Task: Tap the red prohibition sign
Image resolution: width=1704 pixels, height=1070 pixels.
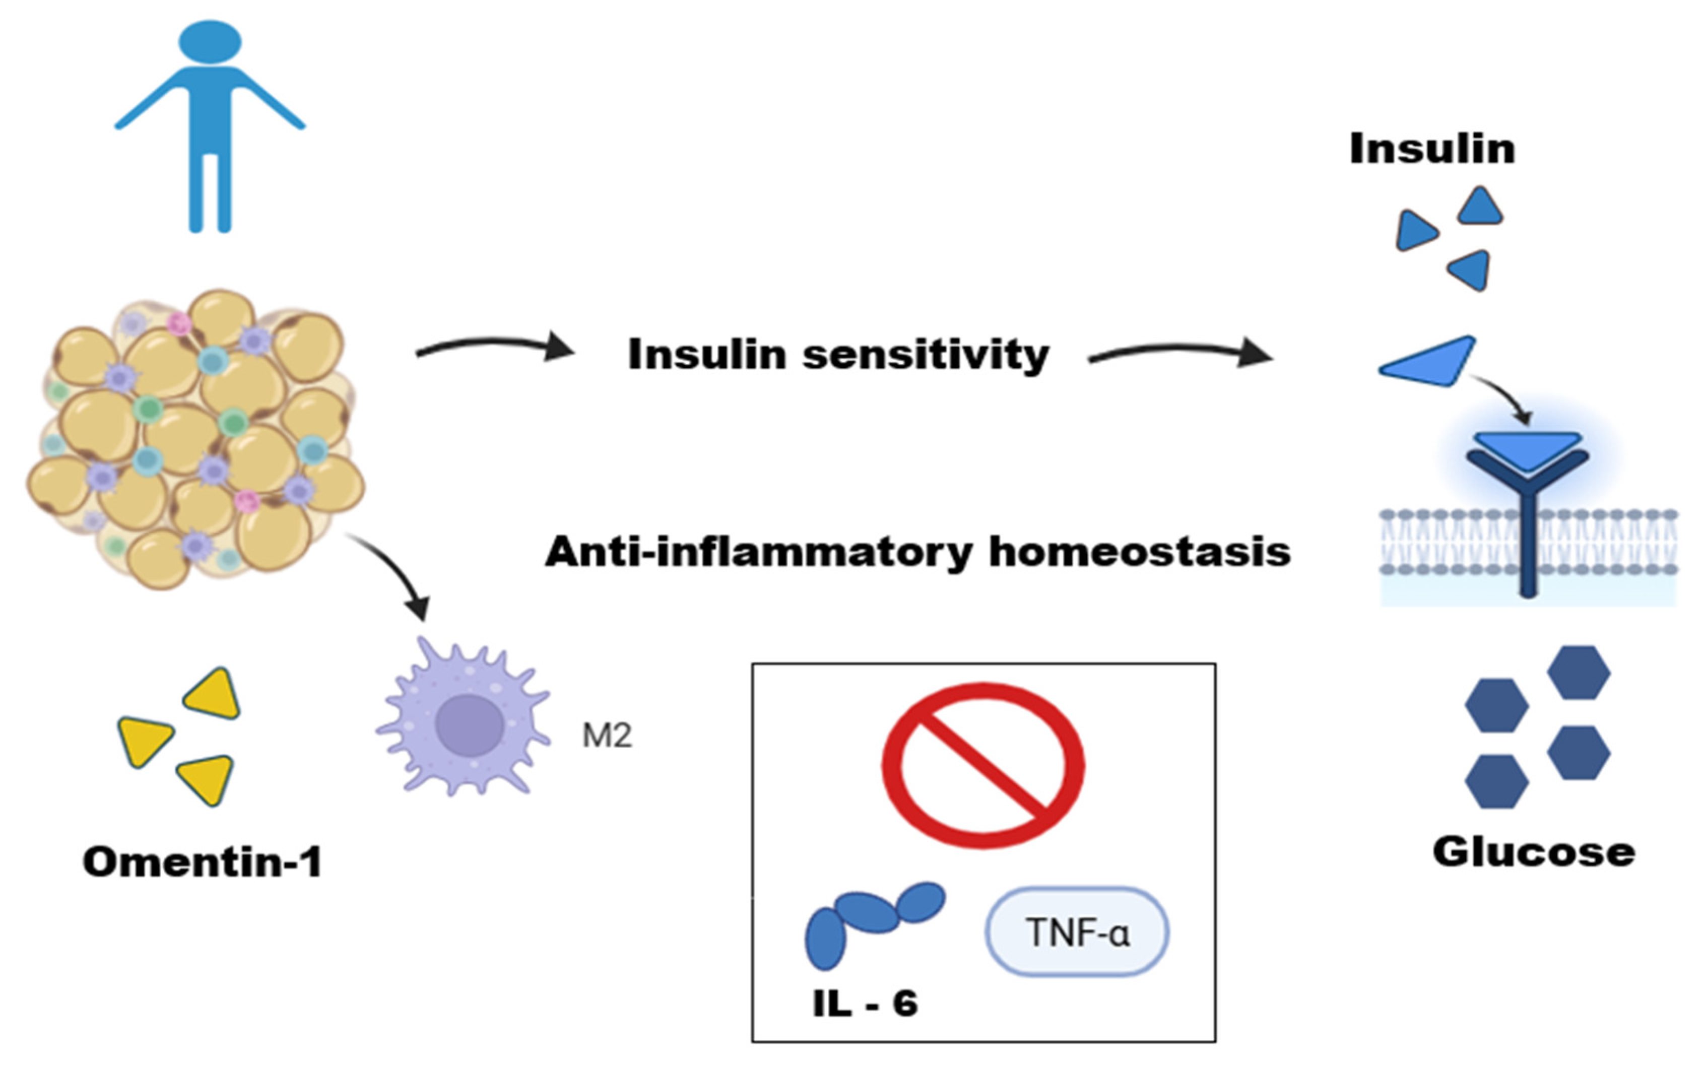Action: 982,766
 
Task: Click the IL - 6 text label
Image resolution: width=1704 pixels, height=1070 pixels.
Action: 865,1004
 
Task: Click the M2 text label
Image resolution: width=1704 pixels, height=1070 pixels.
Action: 607,736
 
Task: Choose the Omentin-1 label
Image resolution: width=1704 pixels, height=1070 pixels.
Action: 203,862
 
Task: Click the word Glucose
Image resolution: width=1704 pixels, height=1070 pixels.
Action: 1534,852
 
